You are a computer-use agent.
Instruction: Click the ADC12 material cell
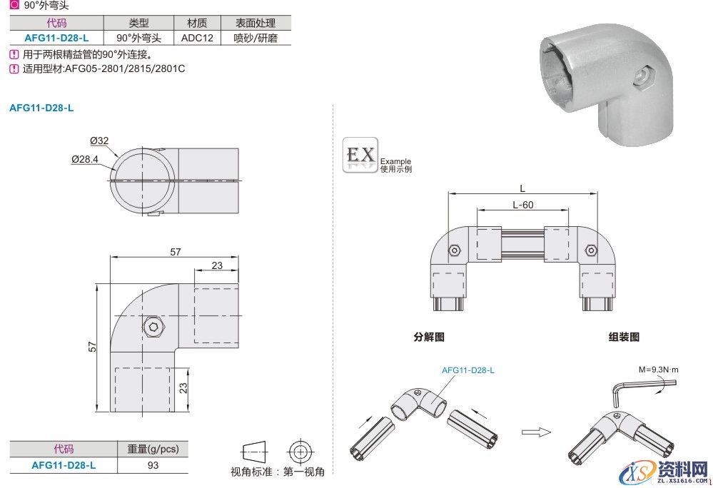coord(197,38)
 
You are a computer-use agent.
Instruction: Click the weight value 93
coord(153,465)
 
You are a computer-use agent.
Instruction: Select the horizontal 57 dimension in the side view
coord(176,252)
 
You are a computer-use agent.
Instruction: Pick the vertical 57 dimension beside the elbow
coord(91,347)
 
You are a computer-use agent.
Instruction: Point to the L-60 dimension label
coord(523,205)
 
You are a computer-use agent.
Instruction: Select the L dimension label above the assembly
coord(522,188)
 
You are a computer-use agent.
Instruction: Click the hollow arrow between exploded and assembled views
coord(536,431)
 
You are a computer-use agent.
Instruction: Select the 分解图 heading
coord(428,337)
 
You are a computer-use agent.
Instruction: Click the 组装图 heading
coord(624,337)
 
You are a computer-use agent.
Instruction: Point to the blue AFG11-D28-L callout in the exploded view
coord(467,370)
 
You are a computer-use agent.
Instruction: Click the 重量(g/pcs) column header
coord(153,449)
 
